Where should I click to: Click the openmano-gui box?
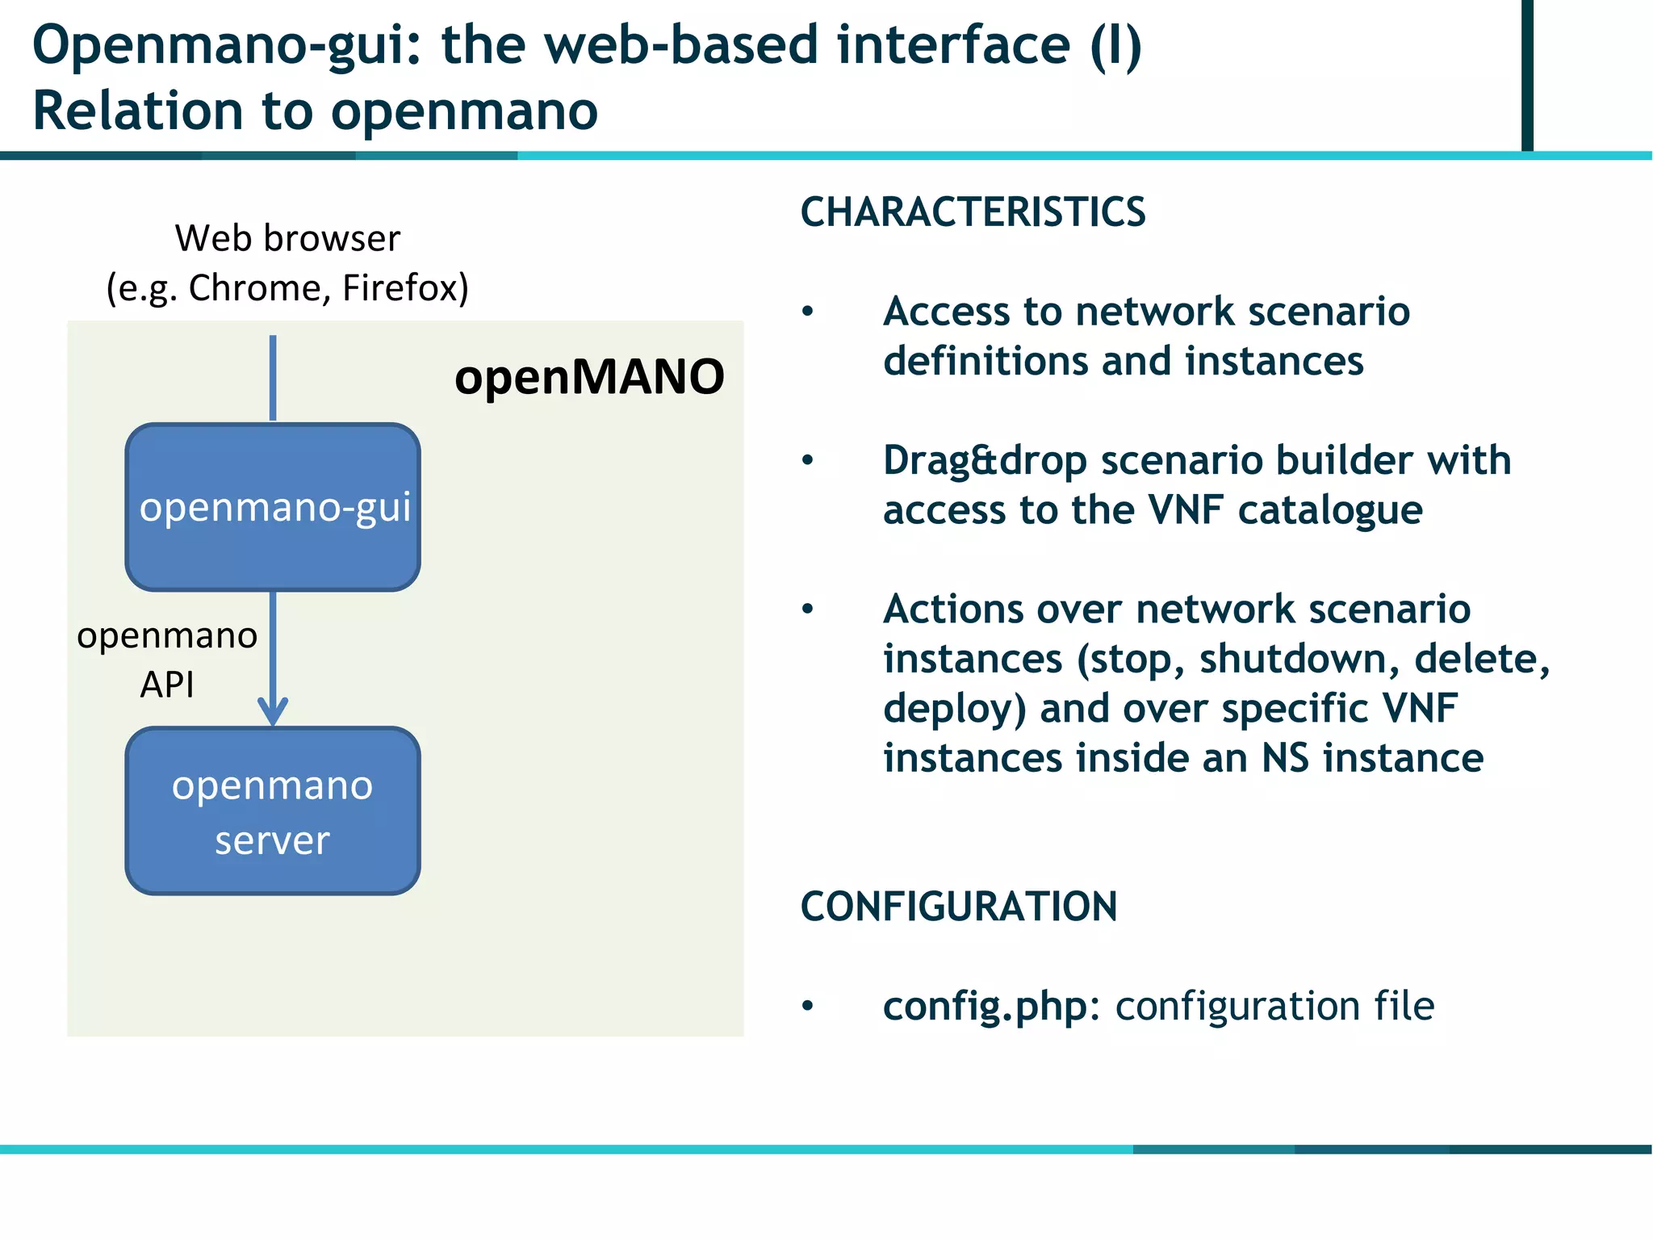[x=273, y=507]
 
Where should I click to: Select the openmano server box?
[x=273, y=811]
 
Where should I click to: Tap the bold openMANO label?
[x=589, y=377]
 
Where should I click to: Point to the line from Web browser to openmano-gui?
[x=273, y=378]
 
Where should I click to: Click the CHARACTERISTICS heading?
[x=973, y=212]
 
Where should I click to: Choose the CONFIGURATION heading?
[x=959, y=907]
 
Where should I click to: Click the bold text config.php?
[x=985, y=1007]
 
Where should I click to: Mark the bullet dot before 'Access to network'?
[x=808, y=312]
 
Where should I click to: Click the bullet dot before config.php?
[x=808, y=1006]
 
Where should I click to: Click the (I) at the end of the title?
[x=1115, y=45]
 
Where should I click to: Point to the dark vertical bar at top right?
[x=1527, y=74]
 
